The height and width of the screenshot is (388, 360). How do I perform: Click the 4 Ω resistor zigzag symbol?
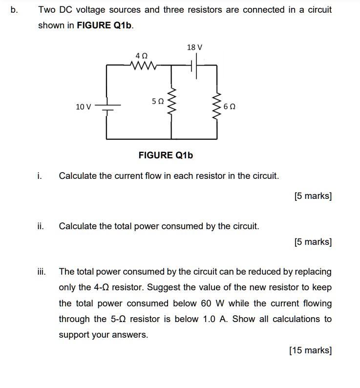[145, 64]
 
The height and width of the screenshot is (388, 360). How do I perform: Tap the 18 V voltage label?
[194, 47]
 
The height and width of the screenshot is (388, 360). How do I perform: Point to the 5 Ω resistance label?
[157, 101]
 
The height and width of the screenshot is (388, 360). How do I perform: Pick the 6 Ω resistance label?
[229, 106]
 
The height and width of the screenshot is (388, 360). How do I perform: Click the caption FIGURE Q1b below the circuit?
[166, 155]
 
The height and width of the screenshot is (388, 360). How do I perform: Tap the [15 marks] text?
[310, 350]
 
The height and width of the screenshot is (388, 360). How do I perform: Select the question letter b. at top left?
[13, 10]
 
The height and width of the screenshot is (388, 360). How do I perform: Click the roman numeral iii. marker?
[42, 272]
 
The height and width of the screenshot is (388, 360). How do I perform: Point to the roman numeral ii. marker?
[41, 226]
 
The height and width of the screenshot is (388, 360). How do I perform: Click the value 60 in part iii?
[206, 303]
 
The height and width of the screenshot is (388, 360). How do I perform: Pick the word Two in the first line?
[47, 10]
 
